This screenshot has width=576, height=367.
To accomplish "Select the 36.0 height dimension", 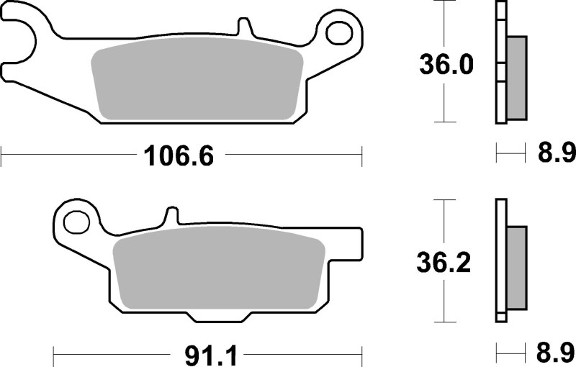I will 446,65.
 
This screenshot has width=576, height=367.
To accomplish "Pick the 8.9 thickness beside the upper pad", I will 556,153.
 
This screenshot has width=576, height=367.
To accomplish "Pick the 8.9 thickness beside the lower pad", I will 556,355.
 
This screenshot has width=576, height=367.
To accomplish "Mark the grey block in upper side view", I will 516,78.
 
